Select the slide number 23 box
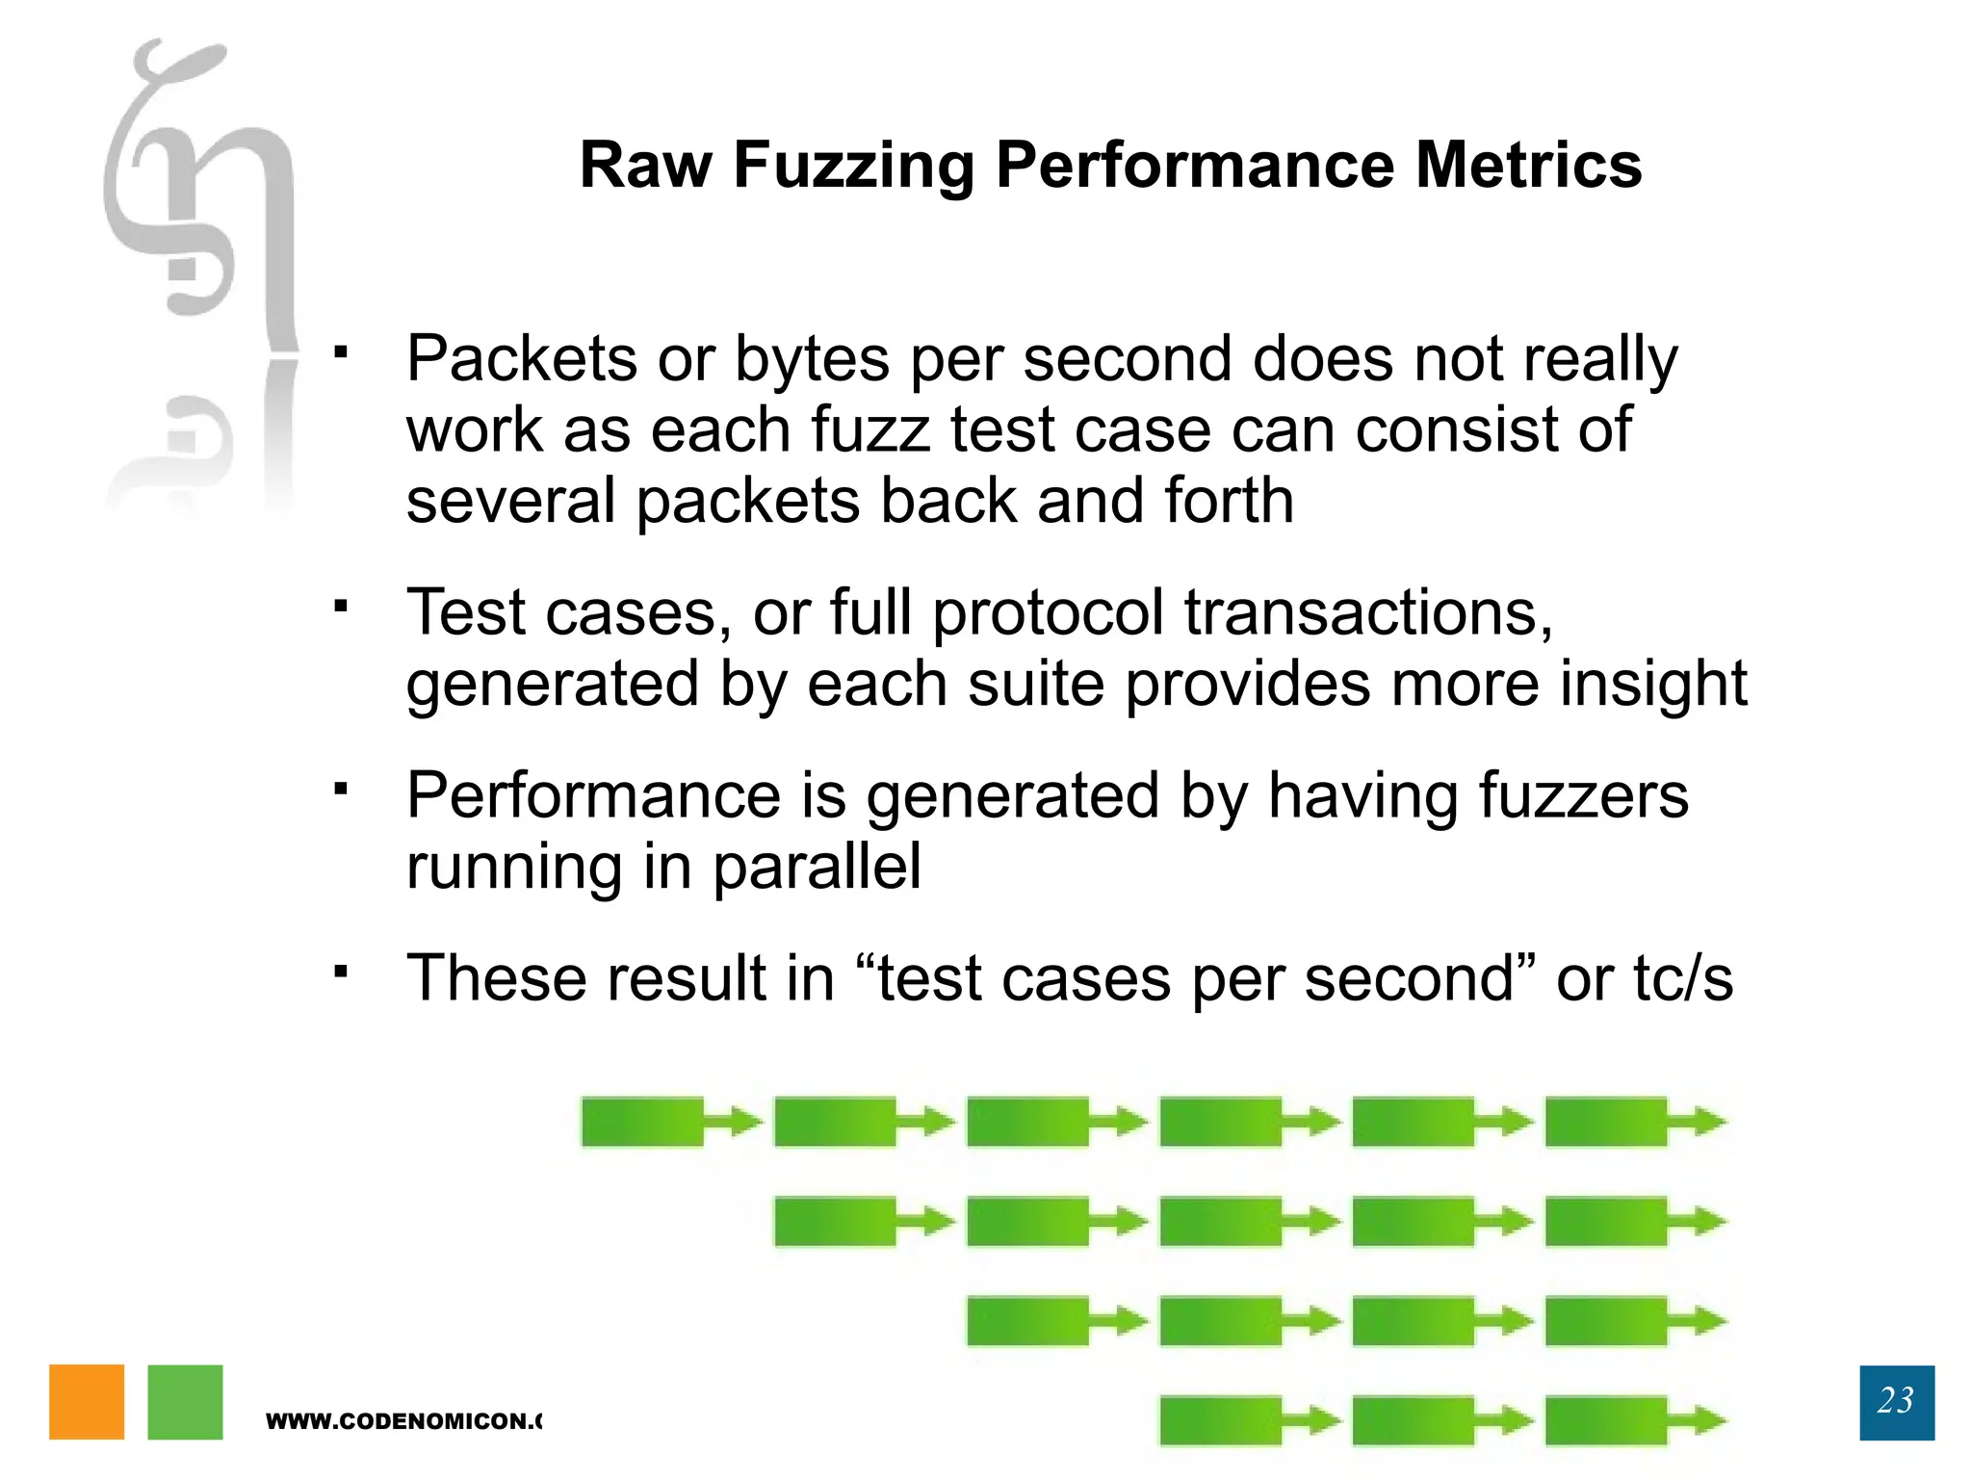tap(1896, 1402)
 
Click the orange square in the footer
tap(87, 1402)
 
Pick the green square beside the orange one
tap(185, 1402)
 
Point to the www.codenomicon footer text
tap(403, 1421)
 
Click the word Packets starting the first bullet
tap(521, 359)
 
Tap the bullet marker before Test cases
tap(340, 606)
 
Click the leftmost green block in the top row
tap(642, 1122)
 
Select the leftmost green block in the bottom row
tap(1220, 1420)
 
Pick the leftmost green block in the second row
tap(835, 1222)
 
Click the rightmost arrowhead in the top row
tap(1709, 1122)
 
